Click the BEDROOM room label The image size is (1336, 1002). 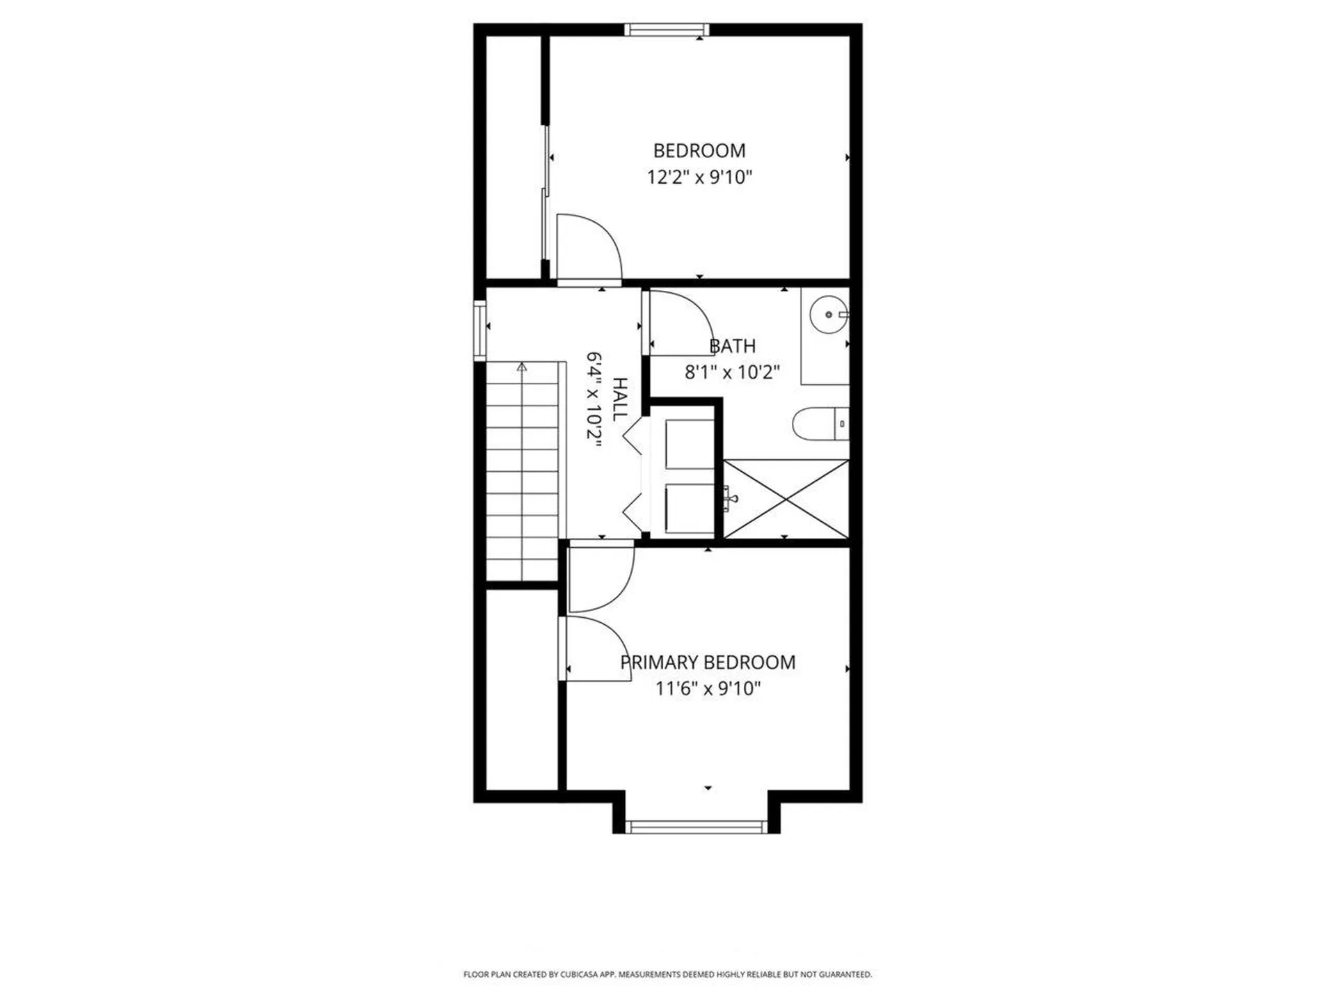point(699,151)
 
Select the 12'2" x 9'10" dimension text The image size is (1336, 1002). point(699,177)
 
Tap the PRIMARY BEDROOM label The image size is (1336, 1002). point(708,662)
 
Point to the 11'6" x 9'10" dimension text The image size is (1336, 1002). point(708,689)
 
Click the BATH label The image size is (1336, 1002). point(732,346)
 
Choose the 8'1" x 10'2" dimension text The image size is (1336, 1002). point(732,372)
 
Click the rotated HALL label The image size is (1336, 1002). point(619,399)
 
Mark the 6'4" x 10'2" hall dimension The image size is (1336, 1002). point(594,399)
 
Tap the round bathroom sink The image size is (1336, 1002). point(829,315)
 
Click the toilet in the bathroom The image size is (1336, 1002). point(818,424)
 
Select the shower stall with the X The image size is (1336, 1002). point(786,498)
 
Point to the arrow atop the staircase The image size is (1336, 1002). point(522,367)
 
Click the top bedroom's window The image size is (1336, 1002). point(667,29)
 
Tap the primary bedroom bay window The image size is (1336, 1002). point(696,827)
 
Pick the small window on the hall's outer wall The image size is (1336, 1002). point(479,330)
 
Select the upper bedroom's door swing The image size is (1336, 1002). point(588,247)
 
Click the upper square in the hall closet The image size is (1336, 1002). point(690,444)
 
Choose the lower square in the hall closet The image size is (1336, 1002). point(690,509)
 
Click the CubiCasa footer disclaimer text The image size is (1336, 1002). point(667,975)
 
